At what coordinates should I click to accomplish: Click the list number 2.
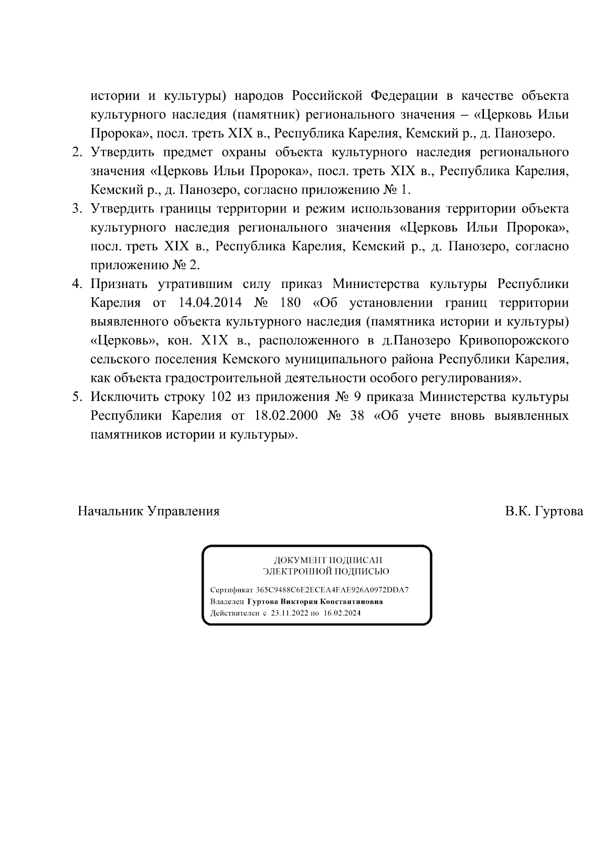click(x=76, y=152)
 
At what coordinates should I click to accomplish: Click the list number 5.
click(x=76, y=397)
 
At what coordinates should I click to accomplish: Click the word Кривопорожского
click(x=514, y=340)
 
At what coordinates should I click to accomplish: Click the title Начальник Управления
click(x=149, y=511)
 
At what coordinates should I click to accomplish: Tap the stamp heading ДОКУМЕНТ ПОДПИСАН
click(x=328, y=560)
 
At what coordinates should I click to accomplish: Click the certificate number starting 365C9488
click(x=332, y=590)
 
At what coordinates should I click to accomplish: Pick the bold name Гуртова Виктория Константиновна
click(x=315, y=602)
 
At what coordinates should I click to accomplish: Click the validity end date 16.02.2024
click(x=342, y=613)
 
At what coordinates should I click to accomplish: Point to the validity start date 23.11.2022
click(x=289, y=613)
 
